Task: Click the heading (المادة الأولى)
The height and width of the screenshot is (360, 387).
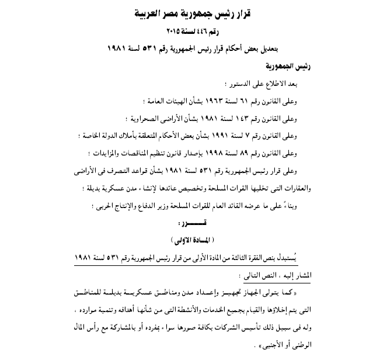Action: click(194, 240)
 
